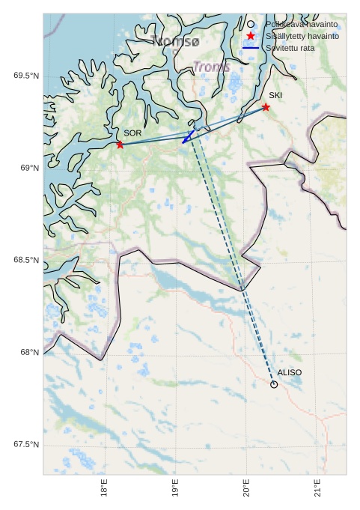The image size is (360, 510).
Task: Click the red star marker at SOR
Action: [x=120, y=145]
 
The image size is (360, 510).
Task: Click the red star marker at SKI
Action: [x=266, y=107]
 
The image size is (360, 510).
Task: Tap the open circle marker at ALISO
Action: [x=274, y=384]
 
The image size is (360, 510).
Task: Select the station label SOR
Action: [x=132, y=133]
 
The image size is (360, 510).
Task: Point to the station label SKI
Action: [x=275, y=96]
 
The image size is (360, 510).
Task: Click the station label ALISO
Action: [x=289, y=373]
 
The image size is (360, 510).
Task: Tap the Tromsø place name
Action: [x=175, y=41]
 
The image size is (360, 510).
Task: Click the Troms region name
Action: [x=211, y=67]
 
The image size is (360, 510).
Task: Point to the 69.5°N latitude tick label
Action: [x=26, y=76]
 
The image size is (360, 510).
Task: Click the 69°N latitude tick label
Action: [x=29, y=169]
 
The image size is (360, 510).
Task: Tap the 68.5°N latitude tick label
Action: [x=26, y=261]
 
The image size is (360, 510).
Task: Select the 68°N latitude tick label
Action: [x=29, y=353]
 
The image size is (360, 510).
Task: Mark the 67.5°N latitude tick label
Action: [x=26, y=445]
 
